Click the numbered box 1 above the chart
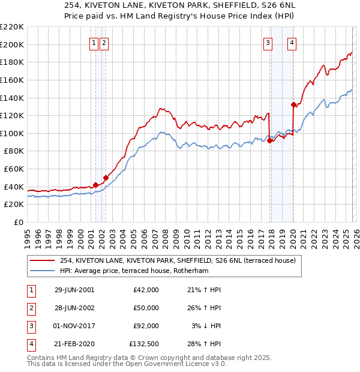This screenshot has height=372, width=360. pyautogui.click(x=95, y=43)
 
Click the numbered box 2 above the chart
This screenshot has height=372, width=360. pyautogui.click(x=104, y=43)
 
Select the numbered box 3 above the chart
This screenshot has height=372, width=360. pyautogui.click(x=268, y=43)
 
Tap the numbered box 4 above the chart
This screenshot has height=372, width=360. pyautogui.click(x=292, y=43)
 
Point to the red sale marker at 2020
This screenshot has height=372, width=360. pyautogui.click(x=293, y=104)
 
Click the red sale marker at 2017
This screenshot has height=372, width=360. pyautogui.click(x=269, y=140)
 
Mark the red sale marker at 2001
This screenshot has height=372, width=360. pyautogui.click(x=95, y=185)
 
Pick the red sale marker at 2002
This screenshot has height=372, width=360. pyautogui.click(x=106, y=178)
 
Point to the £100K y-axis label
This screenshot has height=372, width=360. pyautogui.click(x=12, y=133)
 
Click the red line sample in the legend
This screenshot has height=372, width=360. pyautogui.click(x=43, y=261)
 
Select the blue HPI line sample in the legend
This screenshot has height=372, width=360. pyautogui.click(x=43, y=271)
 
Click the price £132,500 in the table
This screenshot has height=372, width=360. pyautogui.click(x=144, y=344)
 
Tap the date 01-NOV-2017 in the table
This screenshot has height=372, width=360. pyautogui.click(x=74, y=326)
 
